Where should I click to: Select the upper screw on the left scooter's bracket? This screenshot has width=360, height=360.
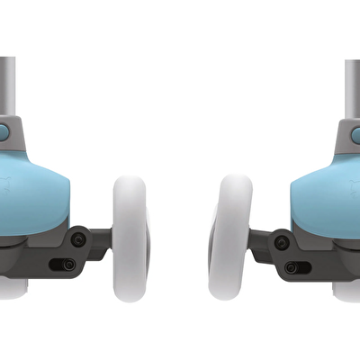coord(78,239)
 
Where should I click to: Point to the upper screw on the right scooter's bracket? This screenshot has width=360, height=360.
coord(283,240)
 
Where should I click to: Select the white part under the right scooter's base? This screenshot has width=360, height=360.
coord(347,290)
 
